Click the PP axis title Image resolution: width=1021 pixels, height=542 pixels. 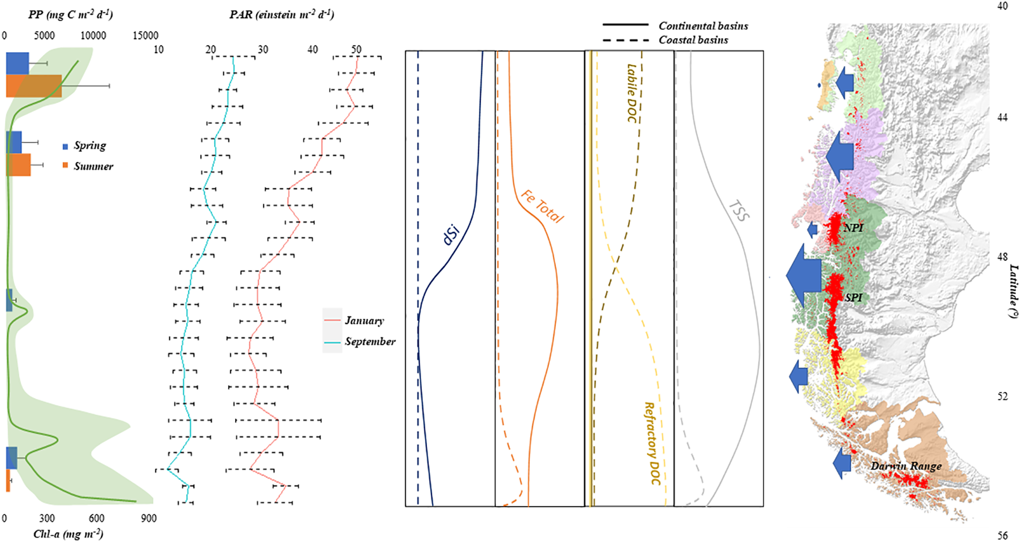(x=70, y=14)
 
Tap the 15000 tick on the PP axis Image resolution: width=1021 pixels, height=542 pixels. (x=145, y=36)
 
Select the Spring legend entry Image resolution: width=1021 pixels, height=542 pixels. (x=89, y=146)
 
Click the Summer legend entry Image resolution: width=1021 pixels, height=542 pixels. (x=93, y=166)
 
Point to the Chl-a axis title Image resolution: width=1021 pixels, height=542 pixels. (x=68, y=534)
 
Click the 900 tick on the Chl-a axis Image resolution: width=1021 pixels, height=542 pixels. (x=148, y=518)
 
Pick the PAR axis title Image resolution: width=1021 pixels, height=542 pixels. (x=282, y=14)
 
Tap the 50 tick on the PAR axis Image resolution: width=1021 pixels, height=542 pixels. (x=356, y=49)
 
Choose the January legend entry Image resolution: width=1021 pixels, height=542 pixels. (x=364, y=320)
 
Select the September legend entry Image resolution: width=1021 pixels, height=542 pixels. (x=370, y=342)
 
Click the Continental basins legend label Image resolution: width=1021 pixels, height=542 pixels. (x=703, y=26)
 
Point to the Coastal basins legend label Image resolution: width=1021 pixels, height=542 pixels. (x=693, y=40)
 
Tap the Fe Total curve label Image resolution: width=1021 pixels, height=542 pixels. (x=542, y=207)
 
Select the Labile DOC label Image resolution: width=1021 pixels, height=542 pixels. (x=632, y=93)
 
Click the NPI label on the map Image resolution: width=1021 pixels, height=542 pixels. (x=853, y=228)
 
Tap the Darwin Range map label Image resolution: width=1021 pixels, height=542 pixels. (x=906, y=466)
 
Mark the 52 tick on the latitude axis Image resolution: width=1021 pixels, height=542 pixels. (x=1002, y=396)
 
